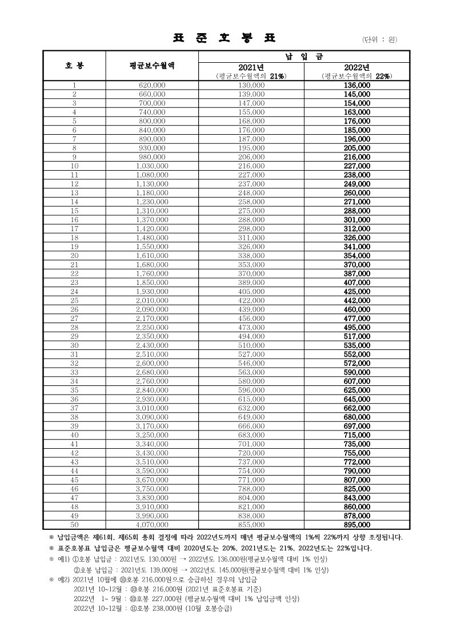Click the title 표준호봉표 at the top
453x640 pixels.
pyautogui.click(x=224, y=38)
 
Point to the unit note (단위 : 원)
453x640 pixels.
pyautogui.click(x=379, y=39)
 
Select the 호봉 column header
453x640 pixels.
pyautogui.click(x=74, y=65)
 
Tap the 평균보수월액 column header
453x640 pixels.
pyautogui.click(x=152, y=65)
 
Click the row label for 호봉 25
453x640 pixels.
pyautogui.click(x=74, y=300)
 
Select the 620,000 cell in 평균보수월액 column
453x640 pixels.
pyautogui.click(x=152, y=84)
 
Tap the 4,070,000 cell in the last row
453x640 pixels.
pyautogui.click(x=152, y=524)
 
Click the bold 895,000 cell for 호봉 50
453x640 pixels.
pyautogui.click(x=356, y=524)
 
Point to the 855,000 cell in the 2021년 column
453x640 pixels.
pyautogui.click(x=251, y=524)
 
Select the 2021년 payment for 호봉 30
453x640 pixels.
pyautogui.click(x=251, y=345)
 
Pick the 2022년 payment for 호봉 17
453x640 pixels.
pyautogui.click(x=356, y=228)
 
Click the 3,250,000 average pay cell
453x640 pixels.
pyautogui.click(x=152, y=434)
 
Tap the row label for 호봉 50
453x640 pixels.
pyautogui.click(x=74, y=524)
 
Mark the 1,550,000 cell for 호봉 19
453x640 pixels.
pyautogui.click(x=152, y=246)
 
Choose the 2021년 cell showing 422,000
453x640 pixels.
pyautogui.click(x=251, y=300)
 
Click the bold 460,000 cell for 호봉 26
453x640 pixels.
pyautogui.click(x=356, y=309)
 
